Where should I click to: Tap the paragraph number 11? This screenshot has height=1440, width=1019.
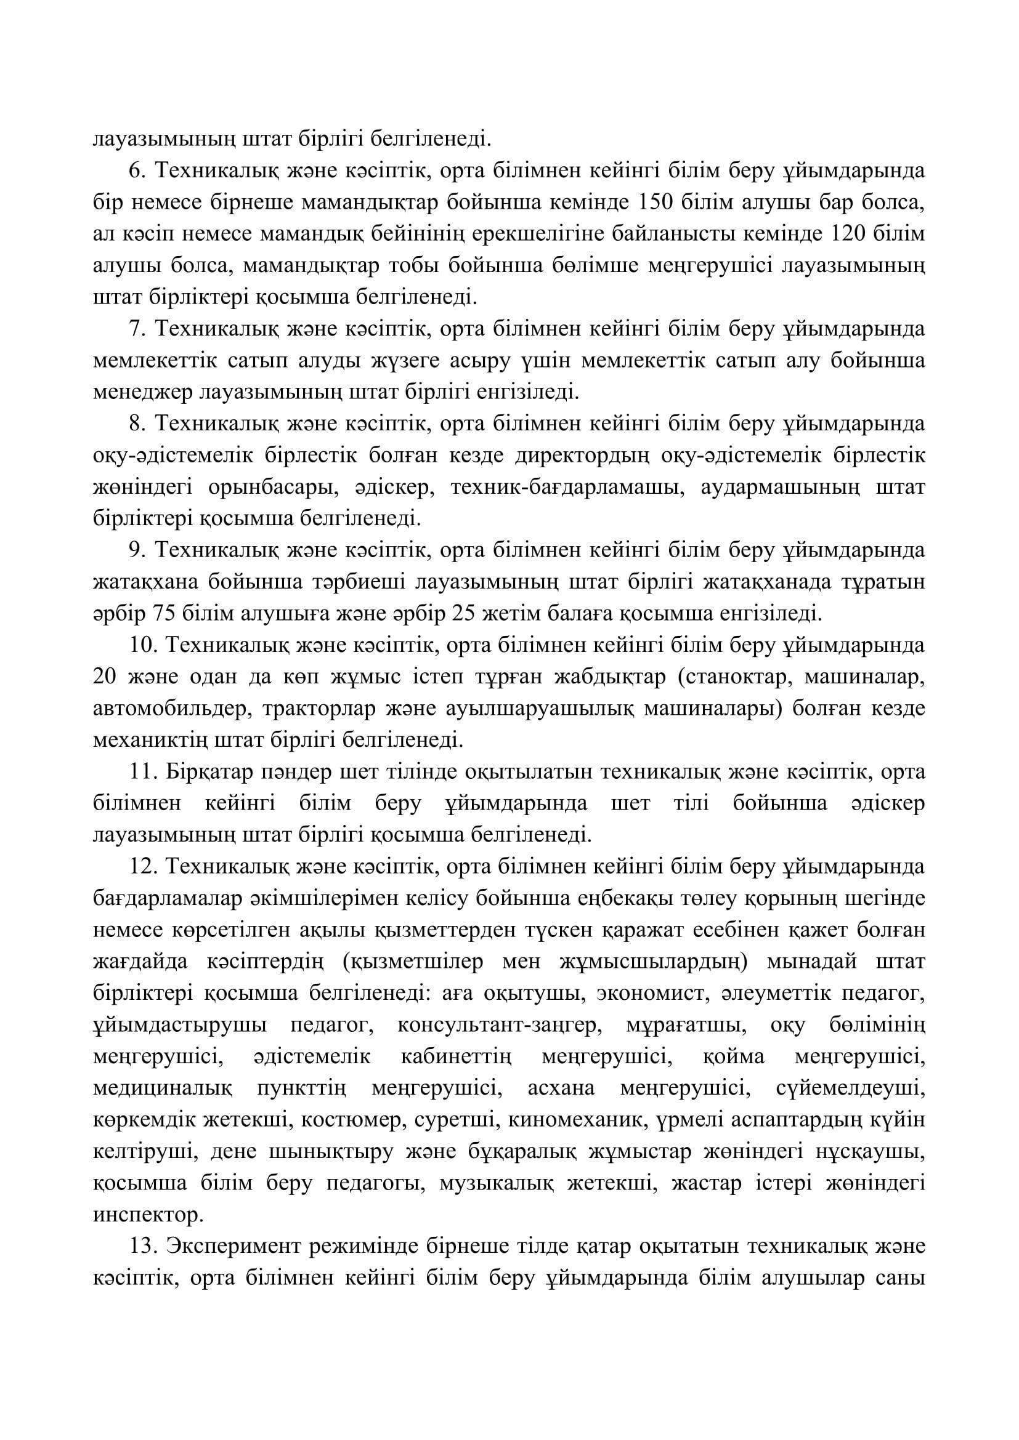point(144,773)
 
